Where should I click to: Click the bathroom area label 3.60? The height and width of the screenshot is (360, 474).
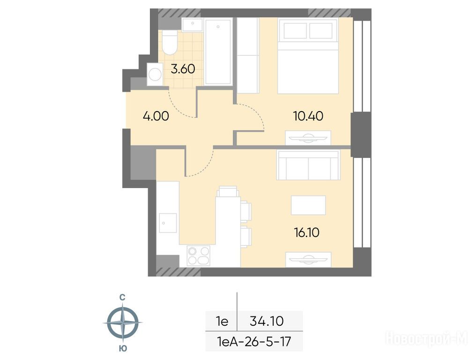pos(183,69)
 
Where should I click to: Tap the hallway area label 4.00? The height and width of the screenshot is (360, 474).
pos(156,116)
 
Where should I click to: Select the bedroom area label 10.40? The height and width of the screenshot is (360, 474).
pos(308,116)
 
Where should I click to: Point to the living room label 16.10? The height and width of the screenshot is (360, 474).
pos(306,232)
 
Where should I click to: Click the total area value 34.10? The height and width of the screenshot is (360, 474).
pos(267,321)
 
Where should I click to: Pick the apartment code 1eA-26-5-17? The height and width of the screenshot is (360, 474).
pos(254,342)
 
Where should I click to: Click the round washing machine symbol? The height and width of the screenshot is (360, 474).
pos(155,75)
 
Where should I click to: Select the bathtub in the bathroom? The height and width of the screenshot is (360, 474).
pos(218,51)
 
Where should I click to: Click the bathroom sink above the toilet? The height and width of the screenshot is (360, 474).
pos(193,24)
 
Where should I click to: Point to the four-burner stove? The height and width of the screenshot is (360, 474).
pos(198,256)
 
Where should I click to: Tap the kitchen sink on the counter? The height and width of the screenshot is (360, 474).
pos(168,223)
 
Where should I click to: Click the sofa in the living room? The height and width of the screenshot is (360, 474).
pos(308,165)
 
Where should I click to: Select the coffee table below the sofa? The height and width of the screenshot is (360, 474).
pos(308,205)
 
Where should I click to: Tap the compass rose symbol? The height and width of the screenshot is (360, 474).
pos(123,322)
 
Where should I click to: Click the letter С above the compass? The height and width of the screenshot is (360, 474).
pos(122,298)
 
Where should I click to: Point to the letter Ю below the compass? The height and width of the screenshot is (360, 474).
pos(122,348)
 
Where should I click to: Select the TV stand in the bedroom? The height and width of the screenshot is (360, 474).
pos(308,138)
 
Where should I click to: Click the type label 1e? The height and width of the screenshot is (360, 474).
pos(222,321)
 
